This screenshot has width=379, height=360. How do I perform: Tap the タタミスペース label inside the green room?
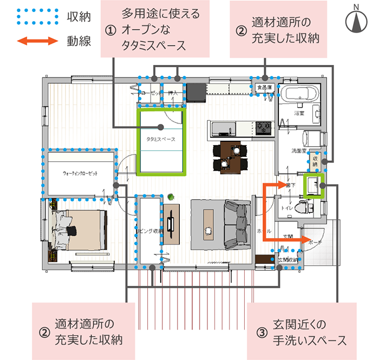tap(161, 139)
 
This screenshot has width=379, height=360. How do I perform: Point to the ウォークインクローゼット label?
tap(81, 174)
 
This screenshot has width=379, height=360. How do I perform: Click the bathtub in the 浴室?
tap(299, 97)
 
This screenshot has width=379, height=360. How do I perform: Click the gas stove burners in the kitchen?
tap(264, 127)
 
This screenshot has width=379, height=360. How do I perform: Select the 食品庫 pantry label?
tap(264, 87)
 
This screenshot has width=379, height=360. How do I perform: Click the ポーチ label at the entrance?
tap(313, 242)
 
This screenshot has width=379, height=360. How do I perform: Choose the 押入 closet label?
tap(173, 93)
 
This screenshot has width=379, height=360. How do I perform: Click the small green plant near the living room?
tap(171, 196)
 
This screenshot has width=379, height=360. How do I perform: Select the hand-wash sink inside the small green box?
tap(312, 185)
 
